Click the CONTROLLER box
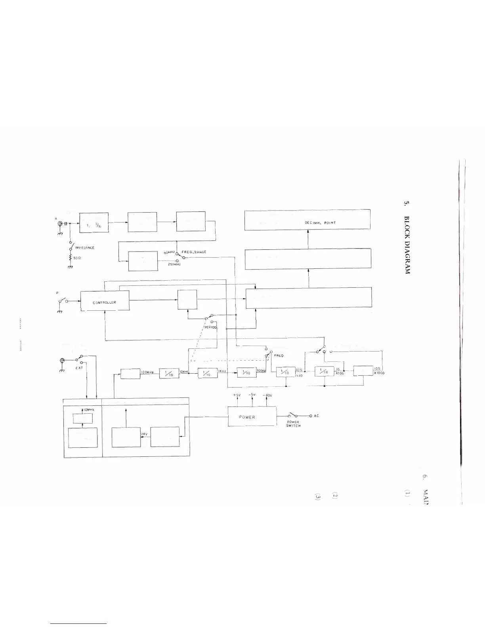105,302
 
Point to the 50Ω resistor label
77,257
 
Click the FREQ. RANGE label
194,252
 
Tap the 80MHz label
169,253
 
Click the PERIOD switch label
210,327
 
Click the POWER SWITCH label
293,424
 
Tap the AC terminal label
316,416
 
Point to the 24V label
144,434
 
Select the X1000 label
379,373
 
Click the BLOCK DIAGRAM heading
407,245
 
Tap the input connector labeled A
61,224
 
